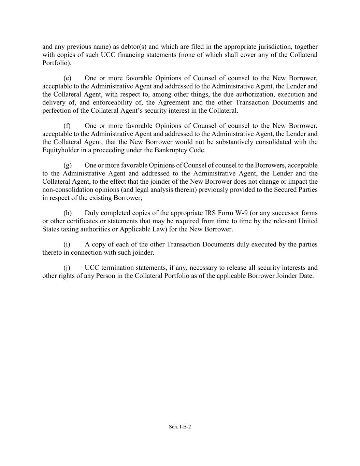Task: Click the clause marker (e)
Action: [67, 78]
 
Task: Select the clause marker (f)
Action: [67, 126]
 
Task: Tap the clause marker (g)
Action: [67, 166]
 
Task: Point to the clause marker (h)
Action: [67, 213]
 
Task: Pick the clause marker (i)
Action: [67, 244]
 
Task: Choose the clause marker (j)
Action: [67, 268]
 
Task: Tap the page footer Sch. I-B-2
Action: [180, 426]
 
